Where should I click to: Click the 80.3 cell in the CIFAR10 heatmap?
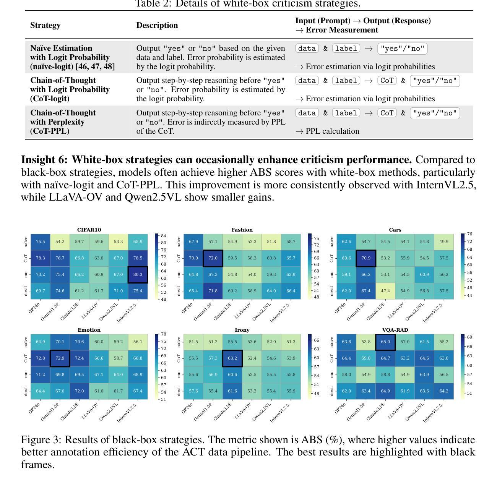[138, 274]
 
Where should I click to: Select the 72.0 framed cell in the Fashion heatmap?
[213, 258]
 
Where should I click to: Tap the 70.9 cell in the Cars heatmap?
[366, 258]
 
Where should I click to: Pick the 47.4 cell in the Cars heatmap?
[385, 291]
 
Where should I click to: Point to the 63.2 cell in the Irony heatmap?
[232, 358]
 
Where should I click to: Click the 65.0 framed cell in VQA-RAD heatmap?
[385, 342]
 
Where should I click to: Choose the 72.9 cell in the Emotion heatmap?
[60, 358]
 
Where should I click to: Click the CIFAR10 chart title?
[89, 230]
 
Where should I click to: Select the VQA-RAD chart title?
[395, 330]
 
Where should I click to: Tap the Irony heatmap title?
[242, 330]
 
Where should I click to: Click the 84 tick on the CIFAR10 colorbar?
[163, 236]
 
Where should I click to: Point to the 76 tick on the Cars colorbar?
[469, 234]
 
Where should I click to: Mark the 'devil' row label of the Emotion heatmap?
[26, 391]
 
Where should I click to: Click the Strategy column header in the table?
[45, 25]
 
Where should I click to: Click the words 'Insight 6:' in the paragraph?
[44, 160]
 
